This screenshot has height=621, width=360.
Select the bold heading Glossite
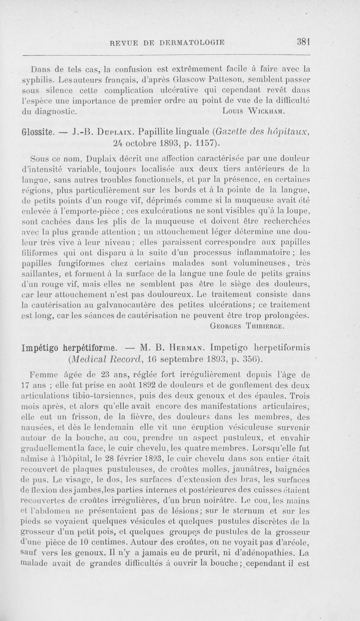click(38, 132)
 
